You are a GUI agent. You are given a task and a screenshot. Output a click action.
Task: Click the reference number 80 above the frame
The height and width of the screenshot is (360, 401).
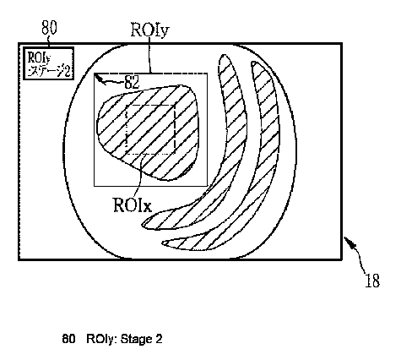coord(49,28)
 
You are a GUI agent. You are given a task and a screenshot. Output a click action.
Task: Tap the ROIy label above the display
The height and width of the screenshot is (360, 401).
coord(150,30)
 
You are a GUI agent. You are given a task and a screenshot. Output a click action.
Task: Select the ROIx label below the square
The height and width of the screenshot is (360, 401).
coord(133,205)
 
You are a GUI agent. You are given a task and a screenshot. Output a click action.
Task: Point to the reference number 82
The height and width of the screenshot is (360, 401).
coord(132,82)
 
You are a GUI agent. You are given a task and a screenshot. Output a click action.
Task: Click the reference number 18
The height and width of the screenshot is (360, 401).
coord(372,281)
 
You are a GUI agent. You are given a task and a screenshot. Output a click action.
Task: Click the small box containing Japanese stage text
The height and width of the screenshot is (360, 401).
coord(48,63)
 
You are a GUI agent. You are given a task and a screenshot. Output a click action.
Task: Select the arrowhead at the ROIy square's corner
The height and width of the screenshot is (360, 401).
coord(98,78)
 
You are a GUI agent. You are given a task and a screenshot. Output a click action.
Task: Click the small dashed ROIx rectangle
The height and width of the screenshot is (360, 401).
coord(150,129)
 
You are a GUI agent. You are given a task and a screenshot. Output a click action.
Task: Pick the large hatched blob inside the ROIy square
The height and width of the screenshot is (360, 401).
coord(148,133)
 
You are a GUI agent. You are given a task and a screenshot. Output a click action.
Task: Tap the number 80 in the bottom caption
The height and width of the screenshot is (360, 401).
coord(69,339)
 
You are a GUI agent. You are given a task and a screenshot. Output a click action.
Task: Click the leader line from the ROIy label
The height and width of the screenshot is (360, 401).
coord(150,56)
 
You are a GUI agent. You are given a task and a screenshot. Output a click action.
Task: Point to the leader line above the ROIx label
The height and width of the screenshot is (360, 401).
coord(140,175)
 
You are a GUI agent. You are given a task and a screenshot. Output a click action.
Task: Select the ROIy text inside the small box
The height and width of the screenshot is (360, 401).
coord(39,57)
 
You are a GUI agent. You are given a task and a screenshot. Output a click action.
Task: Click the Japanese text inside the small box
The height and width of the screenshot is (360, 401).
coord(49,71)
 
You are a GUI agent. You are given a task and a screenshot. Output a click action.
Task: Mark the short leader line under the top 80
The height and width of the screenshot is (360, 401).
coord(48,41)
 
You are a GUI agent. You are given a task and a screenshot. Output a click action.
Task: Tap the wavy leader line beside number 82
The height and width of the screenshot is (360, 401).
coord(113,82)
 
